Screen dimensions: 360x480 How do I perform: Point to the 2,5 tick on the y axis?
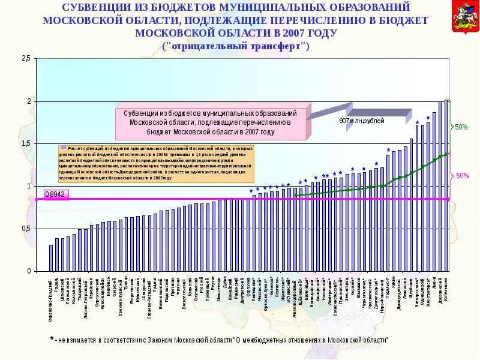click(x=26, y=58)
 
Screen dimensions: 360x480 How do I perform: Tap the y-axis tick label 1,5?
click(x=26, y=144)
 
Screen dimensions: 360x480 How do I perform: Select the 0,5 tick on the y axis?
click(x=26, y=229)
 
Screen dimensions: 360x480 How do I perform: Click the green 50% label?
click(x=461, y=127)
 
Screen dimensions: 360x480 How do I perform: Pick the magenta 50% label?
click(x=461, y=176)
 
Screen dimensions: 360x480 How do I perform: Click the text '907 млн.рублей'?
click(x=361, y=120)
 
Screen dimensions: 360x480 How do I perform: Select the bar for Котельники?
click(x=446, y=185)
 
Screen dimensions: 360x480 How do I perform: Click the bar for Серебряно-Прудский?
click(x=51, y=258)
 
